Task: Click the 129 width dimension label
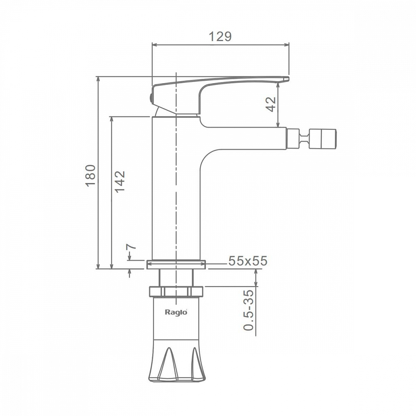coord(220,36)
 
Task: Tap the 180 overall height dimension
coord(90,176)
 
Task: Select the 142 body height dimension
coord(119,181)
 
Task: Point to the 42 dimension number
coord(271,104)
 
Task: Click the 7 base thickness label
coord(131,246)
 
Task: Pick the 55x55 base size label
coord(248,261)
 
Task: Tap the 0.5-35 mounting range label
coord(248,310)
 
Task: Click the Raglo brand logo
coord(176,312)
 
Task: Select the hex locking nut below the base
coord(176,291)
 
